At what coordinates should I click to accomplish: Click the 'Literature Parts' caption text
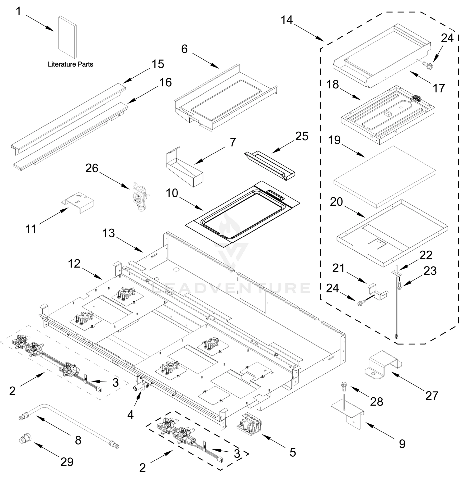point(71,64)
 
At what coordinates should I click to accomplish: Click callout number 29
point(67,462)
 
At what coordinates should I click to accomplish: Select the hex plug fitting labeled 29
point(25,439)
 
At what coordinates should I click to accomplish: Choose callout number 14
point(287,20)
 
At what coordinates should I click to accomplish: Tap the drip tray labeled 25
point(270,165)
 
